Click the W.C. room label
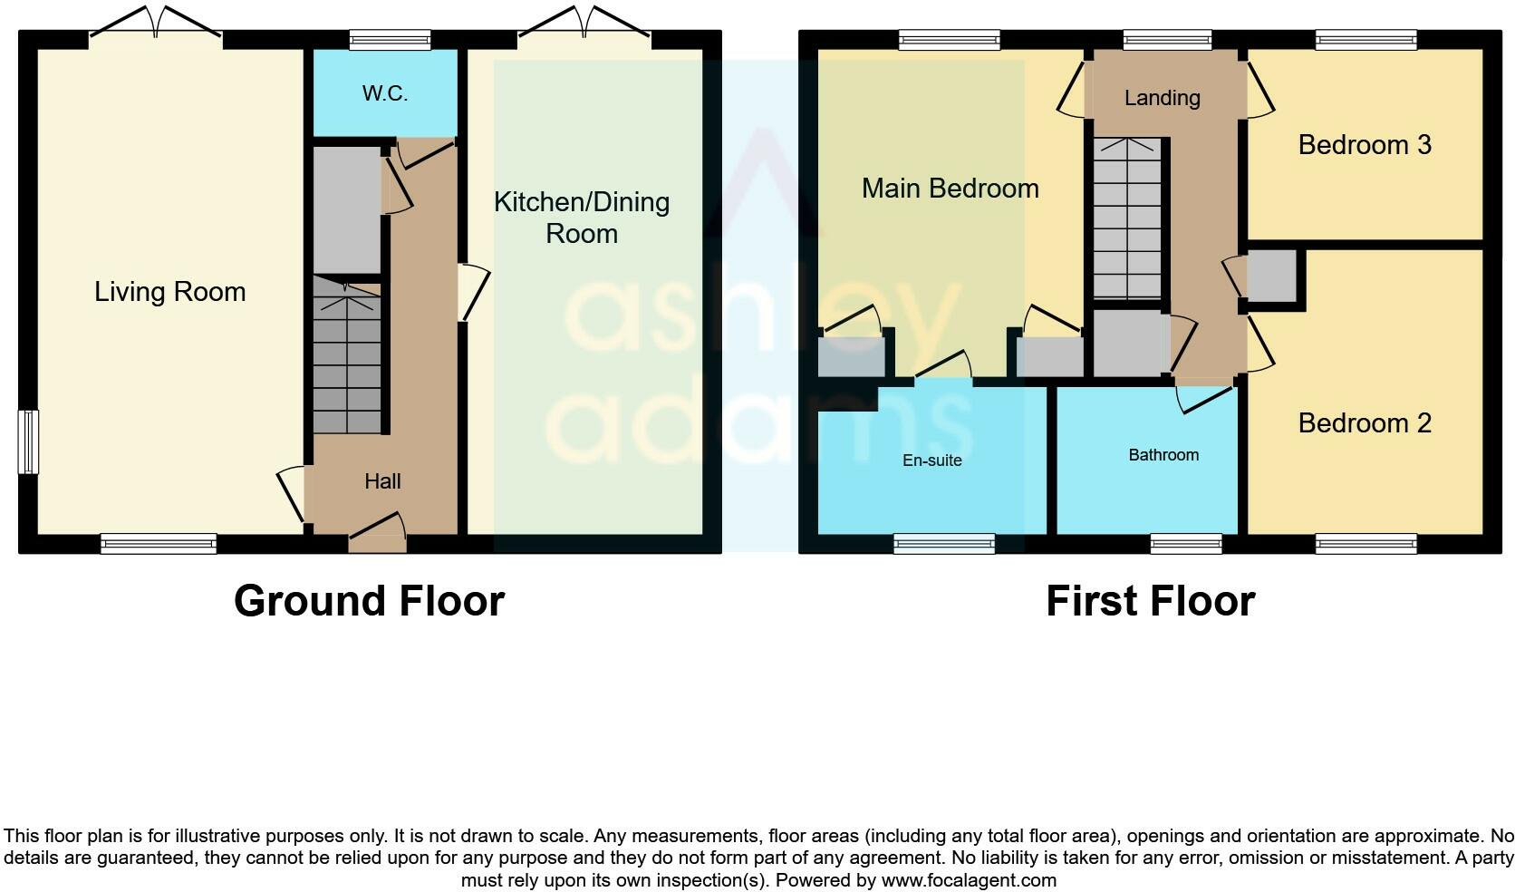[x=385, y=93]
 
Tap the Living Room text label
[x=170, y=292]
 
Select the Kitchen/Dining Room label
[x=582, y=218]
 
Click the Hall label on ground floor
[x=382, y=481]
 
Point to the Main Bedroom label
[x=950, y=189]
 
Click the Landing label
[x=1162, y=98]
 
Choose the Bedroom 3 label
[x=1365, y=145]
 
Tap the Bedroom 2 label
[x=1365, y=423]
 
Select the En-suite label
[x=931, y=461]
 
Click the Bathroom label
[x=1163, y=455]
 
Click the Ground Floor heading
[x=369, y=601]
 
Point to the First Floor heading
[x=1150, y=601]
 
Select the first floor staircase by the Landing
[x=1126, y=218]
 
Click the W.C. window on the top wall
[x=391, y=39]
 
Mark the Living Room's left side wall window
[x=29, y=441]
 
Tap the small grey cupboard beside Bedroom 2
[x=1273, y=276]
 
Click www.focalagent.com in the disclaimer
[x=969, y=880]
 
